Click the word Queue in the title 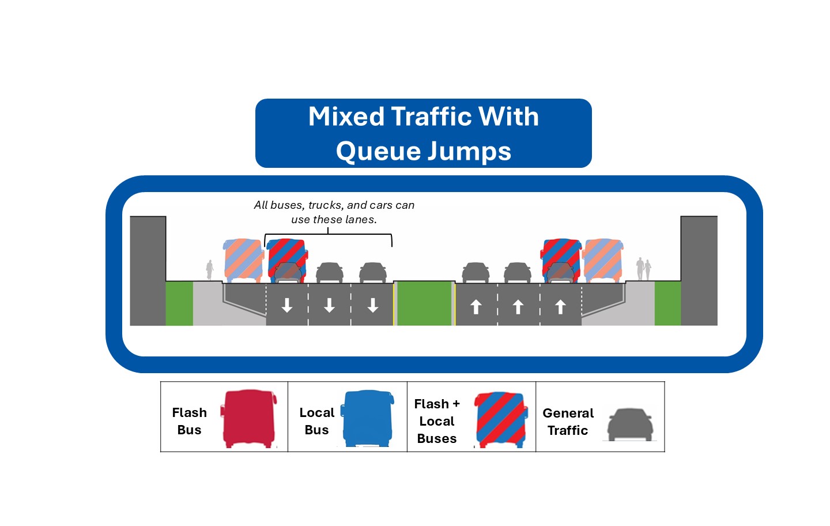[x=375, y=151]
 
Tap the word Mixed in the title [x=346, y=117]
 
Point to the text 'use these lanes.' [x=334, y=220]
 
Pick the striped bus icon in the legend [x=500, y=420]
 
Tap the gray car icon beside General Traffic [x=630, y=424]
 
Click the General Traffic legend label [x=568, y=422]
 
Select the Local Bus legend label [x=316, y=421]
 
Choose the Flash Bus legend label [x=189, y=421]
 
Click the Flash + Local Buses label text [x=437, y=421]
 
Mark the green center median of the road [x=425, y=303]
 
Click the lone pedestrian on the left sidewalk [x=210, y=270]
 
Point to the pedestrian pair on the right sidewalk [x=643, y=269]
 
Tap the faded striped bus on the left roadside [x=243, y=261]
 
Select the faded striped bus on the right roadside [x=603, y=261]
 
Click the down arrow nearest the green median [x=373, y=305]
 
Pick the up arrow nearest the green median [x=476, y=307]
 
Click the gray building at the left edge [x=148, y=270]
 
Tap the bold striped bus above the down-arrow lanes [x=287, y=261]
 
